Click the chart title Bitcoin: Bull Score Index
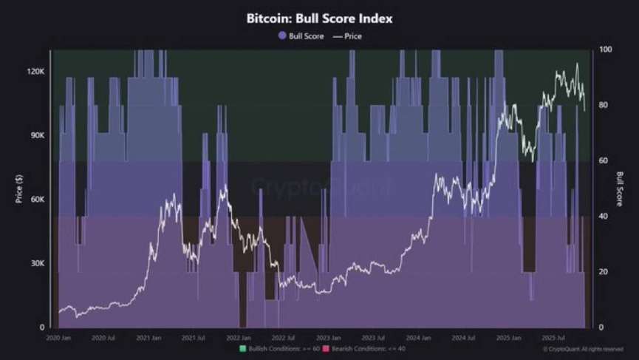coord(319,18)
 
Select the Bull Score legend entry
coord(301,35)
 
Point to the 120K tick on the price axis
coord(36,72)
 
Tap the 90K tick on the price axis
coord(38,136)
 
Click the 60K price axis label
coord(38,200)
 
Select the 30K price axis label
coord(38,264)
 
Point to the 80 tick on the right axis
coord(604,105)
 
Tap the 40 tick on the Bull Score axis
coord(604,217)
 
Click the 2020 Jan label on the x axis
coord(59,338)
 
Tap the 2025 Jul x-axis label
coord(553,338)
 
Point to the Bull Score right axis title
coord(621,189)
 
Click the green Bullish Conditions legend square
coord(242,348)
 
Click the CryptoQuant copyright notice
coord(583,349)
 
